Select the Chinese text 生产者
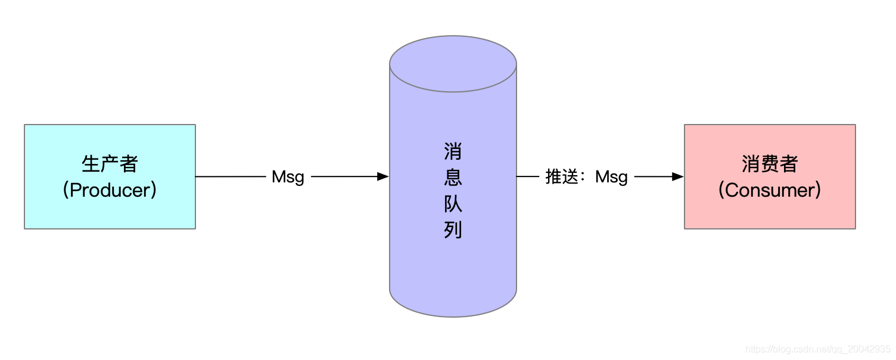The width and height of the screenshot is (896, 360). (x=110, y=164)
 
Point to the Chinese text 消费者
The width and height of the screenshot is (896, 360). (x=770, y=164)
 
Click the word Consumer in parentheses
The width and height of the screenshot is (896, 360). (x=770, y=190)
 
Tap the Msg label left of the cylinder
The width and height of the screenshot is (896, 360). (x=288, y=177)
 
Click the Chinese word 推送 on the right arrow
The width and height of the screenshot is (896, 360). (x=562, y=177)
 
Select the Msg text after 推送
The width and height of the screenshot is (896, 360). (x=611, y=177)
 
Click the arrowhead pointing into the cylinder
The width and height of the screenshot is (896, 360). (x=383, y=177)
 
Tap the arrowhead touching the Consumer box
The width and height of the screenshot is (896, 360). (x=677, y=177)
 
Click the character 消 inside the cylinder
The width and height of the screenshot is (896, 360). (x=453, y=151)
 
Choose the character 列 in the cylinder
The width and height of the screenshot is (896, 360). (x=453, y=230)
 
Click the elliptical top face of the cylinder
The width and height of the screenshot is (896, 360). (x=453, y=63)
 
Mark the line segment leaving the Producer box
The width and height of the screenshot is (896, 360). (x=230, y=177)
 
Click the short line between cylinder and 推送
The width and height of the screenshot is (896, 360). (x=527, y=177)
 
